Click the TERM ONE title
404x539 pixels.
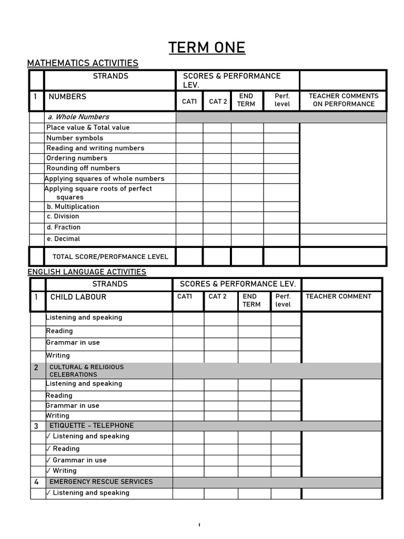tap(207, 48)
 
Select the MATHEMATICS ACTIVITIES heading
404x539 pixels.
tap(83, 64)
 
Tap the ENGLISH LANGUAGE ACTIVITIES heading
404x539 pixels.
tap(87, 272)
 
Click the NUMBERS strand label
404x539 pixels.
tap(67, 97)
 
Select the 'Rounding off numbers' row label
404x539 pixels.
tap(83, 168)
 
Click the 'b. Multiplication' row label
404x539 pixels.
tap(73, 207)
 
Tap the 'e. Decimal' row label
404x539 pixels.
tap(63, 239)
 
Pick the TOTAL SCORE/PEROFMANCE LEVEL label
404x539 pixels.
tap(110, 257)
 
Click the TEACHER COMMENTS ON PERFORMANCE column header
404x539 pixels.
tap(343, 100)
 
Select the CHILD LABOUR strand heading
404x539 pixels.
tap(78, 297)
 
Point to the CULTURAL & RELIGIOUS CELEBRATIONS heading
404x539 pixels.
tap(86, 371)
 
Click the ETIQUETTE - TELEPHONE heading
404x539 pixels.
tap(92, 425)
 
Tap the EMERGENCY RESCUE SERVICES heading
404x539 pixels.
tap(101, 482)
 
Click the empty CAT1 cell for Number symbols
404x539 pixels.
tap(189, 138)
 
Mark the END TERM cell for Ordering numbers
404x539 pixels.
tap(247, 158)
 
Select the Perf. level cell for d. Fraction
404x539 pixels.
tap(281, 228)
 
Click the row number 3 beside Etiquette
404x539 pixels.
tap(36, 426)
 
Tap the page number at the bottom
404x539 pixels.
tap(200, 525)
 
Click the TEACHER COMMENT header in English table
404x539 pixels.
tap(338, 297)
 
